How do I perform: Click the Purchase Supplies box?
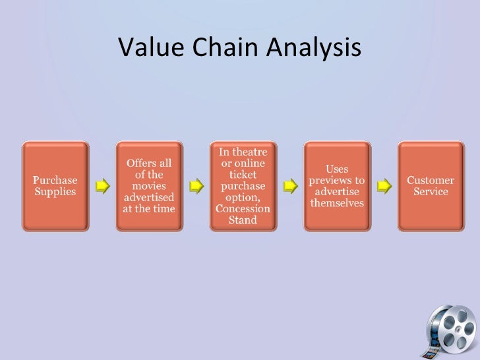(x=55, y=186)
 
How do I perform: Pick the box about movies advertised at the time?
(x=149, y=186)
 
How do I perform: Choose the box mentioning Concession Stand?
(x=243, y=186)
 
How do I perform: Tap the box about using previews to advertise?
(x=337, y=186)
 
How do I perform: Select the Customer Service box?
(x=431, y=186)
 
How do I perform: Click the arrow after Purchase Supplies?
(x=102, y=187)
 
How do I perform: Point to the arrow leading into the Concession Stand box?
(x=196, y=187)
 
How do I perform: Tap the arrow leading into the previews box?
(x=289, y=187)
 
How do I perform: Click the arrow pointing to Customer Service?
(x=384, y=187)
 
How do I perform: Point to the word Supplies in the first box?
(x=55, y=192)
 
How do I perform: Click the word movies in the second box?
(x=149, y=186)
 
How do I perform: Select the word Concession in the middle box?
(x=243, y=209)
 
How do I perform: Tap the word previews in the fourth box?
(x=337, y=181)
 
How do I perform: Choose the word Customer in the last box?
(x=431, y=180)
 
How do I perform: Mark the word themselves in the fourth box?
(x=337, y=203)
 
